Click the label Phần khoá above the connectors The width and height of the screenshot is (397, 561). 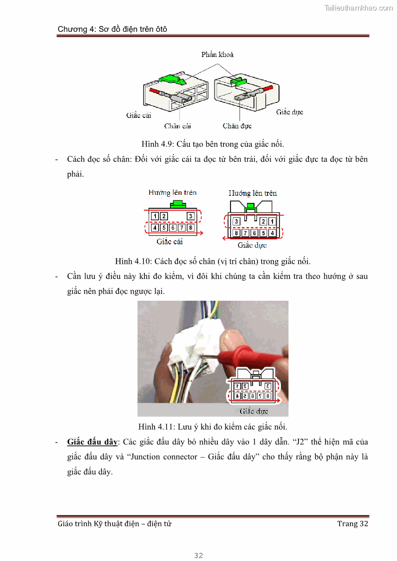point(217,54)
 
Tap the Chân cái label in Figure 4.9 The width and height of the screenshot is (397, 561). point(177,126)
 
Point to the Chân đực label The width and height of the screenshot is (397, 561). point(237,126)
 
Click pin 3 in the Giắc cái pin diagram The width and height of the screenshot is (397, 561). point(190,216)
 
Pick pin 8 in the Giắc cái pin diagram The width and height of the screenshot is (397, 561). point(190,228)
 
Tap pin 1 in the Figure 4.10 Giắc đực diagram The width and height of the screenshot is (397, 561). point(272,221)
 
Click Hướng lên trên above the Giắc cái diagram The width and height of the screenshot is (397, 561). point(172,192)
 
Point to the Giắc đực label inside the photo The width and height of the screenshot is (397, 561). point(253,411)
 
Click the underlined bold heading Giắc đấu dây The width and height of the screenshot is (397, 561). point(92,442)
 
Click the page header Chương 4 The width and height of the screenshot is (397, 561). point(112,29)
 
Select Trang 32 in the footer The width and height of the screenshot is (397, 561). point(352,524)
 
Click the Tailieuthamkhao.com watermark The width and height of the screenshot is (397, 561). point(358,8)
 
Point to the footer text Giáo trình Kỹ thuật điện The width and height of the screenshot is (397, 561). point(114,524)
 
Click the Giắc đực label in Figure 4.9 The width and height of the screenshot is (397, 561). point(289,112)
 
